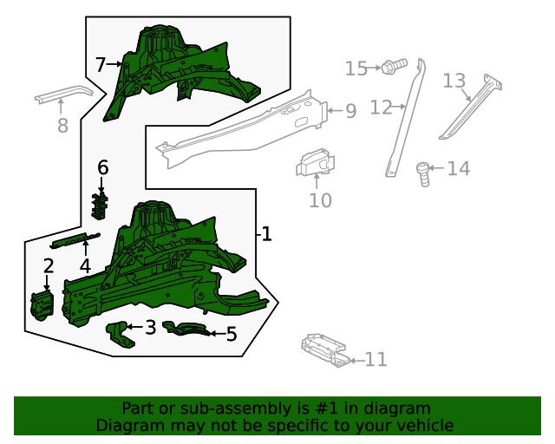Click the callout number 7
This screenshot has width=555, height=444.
[x=101, y=65]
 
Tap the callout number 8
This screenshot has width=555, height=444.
[x=62, y=126]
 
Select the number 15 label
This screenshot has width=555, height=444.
[x=356, y=69]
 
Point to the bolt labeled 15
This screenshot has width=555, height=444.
[x=395, y=66]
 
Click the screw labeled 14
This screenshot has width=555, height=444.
[x=423, y=173]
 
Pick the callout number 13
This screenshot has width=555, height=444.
[x=454, y=81]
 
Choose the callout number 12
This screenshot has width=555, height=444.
[x=381, y=108]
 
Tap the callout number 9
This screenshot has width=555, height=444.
[x=350, y=111]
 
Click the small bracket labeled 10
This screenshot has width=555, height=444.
[x=316, y=162]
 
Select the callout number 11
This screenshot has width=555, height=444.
[x=375, y=359]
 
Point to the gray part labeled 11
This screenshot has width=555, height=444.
[x=325, y=350]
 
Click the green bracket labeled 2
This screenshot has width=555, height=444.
[x=42, y=305]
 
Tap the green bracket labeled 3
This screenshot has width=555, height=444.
[x=121, y=335]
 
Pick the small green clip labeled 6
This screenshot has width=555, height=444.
[x=100, y=206]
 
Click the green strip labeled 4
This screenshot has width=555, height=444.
[x=75, y=241]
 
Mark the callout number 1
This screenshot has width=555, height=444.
[x=266, y=234]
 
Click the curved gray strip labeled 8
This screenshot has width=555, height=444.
[x=63, y=94]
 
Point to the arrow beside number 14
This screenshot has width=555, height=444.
[x=436, y=168]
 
